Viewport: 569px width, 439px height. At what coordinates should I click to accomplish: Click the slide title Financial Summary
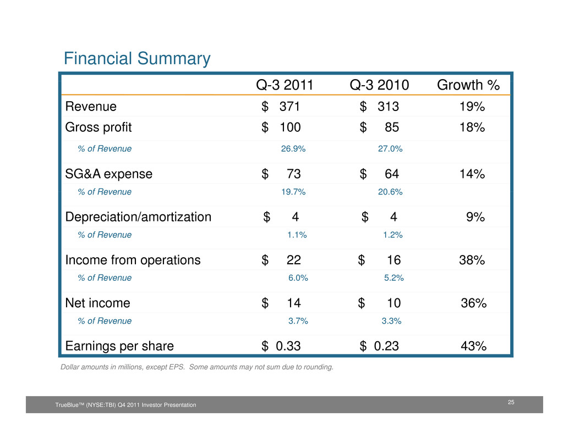[x=137, y=59]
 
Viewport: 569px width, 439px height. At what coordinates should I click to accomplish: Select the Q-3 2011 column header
[x=284, y=86]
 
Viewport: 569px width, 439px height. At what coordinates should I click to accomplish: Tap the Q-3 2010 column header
[x=379, y=86]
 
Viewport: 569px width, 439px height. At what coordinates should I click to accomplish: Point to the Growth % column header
[x=468, y=86]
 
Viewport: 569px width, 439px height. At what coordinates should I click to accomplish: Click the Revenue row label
[x=91, y=107]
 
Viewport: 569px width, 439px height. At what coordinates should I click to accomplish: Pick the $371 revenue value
[x=281, y=107]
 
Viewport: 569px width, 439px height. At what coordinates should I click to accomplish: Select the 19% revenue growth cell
[x=472, y=107]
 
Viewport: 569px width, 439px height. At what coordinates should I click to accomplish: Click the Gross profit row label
[x=99, y=128]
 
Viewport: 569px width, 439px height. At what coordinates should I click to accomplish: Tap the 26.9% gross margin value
[x=293, y=148]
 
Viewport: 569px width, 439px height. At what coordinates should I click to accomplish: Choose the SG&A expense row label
[x=109, y=175]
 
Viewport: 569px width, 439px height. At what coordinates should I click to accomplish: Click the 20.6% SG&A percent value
[x=390, y=192]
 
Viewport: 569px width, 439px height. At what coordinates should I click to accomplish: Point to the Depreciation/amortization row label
[x=138, y=217]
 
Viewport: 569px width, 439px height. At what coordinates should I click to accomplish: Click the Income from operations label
[x=133, y=260]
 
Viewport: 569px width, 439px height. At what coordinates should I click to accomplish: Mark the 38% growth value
[x=472, y=260]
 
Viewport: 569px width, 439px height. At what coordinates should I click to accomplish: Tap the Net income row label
[x=97, y=303]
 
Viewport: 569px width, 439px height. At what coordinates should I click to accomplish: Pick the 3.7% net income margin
[x=298, y=321]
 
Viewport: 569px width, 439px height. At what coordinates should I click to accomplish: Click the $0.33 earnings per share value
[x=281, y=346]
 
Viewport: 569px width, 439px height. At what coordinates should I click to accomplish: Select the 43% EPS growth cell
[x=473, y=346]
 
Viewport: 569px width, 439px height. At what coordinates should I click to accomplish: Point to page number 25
[x=511, y=403]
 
